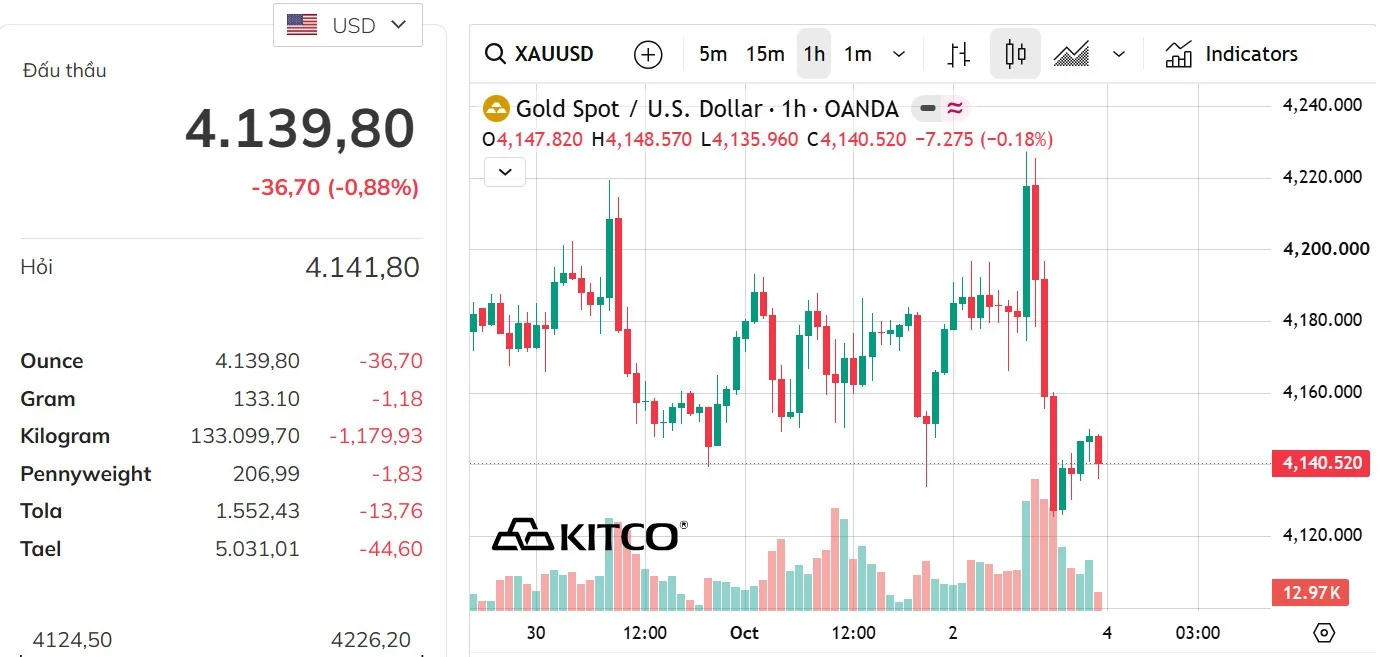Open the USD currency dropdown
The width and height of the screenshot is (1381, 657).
(x=348, y=25)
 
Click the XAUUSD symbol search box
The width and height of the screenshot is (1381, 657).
(x=539, y=54)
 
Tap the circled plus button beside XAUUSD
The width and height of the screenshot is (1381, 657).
(x=648, y=54)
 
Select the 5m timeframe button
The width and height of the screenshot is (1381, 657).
(x=713, y=54)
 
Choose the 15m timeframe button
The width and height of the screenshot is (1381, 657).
(x=765, y=54)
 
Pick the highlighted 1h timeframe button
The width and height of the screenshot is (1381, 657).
(x=814, y=54)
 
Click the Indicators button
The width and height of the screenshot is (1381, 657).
(x=1231, y=54)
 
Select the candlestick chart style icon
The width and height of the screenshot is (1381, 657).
(x=1015, y=54)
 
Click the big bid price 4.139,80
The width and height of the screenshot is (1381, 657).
(x=300, y=129)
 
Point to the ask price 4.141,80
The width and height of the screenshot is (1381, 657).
(x=363, y=267)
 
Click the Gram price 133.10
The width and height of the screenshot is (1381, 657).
(x=266, y=399)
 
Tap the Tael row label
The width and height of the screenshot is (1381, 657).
(x=41, y=549)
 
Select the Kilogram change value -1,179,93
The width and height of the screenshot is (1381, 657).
(x=376, y=436)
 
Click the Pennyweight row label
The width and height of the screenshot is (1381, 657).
(x=86, y=474)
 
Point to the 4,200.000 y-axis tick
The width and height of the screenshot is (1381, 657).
(x=1326, y=249)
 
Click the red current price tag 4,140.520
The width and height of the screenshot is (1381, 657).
(x=1321, y=463)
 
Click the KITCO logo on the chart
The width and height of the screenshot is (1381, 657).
(x=589, y=535)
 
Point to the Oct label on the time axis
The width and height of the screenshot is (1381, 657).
(x=744, y=633)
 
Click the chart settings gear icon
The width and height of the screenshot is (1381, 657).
(x=1324, y=633)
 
